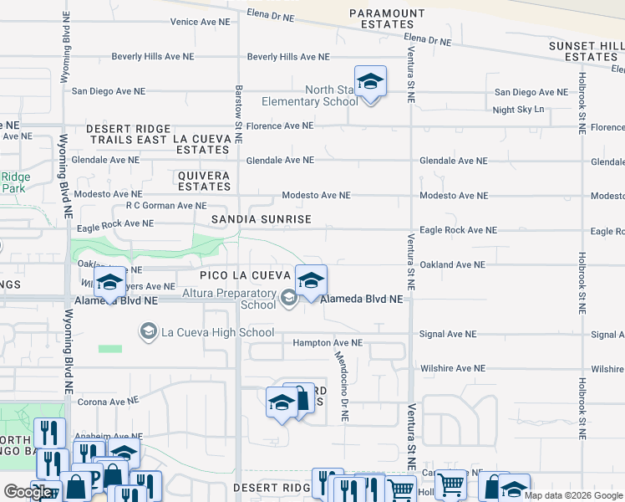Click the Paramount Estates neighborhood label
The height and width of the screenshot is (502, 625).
point(387,19)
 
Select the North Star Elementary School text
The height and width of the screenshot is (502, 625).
point(308,96)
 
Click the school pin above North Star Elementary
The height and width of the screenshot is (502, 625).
point(370,82)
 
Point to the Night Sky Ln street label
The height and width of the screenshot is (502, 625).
point(518,110)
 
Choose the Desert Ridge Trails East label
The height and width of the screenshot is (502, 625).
point(126,134)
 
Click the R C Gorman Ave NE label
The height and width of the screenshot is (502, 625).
point(165,205)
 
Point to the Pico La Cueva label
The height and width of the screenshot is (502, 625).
point(245,275)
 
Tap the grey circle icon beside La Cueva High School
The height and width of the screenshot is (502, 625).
point(148,333)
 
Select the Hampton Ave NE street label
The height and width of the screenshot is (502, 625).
point(328,343)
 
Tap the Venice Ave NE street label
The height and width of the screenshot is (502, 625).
point(199,23)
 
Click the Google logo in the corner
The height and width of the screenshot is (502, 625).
point(28,492)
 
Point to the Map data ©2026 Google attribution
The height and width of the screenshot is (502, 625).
point(573,495)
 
